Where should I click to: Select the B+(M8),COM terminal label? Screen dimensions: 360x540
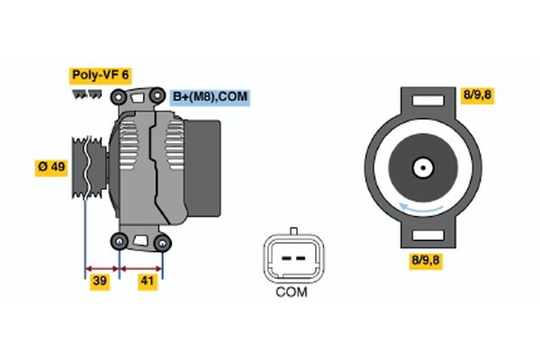210,96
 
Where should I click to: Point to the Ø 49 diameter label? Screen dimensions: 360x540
51,167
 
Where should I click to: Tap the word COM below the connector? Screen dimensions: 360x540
291,292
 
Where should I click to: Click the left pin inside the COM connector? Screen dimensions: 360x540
283,256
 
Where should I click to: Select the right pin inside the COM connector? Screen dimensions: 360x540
299,256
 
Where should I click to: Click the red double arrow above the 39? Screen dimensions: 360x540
102,267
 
